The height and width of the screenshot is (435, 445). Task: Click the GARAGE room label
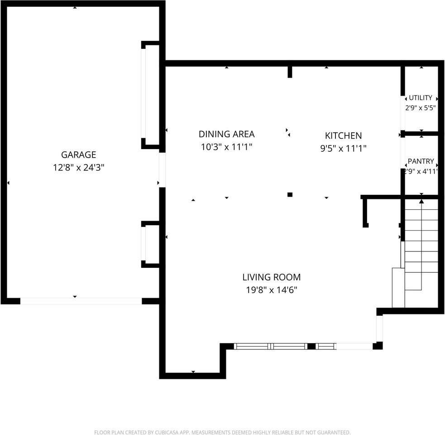tap(79, 155)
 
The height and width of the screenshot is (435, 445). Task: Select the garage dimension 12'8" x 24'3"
tap(79, 168)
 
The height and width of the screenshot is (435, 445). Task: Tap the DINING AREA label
tap(226, 134)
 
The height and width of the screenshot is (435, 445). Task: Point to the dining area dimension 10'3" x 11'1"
tap(226, 147)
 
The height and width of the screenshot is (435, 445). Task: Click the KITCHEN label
tap(344, 136)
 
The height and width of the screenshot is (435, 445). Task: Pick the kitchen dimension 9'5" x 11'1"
tap(344, 148)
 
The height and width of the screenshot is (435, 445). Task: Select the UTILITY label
tap(421, 98)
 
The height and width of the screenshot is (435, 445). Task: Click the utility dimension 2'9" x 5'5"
tap(420, 108)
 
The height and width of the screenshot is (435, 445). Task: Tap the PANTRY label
tap(421, 161)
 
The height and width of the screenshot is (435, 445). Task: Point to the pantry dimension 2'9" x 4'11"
tap(421, 171)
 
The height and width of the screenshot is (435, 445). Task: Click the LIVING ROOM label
tap(272, 277)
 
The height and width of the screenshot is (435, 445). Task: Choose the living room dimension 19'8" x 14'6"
tap(272, 290)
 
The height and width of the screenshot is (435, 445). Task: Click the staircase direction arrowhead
tap(421, 202)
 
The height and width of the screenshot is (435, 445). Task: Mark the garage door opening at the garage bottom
tap(81, 301)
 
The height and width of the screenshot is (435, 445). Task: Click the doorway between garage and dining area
tap(162, 170)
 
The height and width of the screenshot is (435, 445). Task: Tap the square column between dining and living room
tap(290, 195)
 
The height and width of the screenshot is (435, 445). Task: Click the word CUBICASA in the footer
tap(167, 432)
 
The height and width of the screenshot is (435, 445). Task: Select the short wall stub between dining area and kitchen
tap(290, 72)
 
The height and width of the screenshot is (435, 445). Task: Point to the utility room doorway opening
tap(403, 113)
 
